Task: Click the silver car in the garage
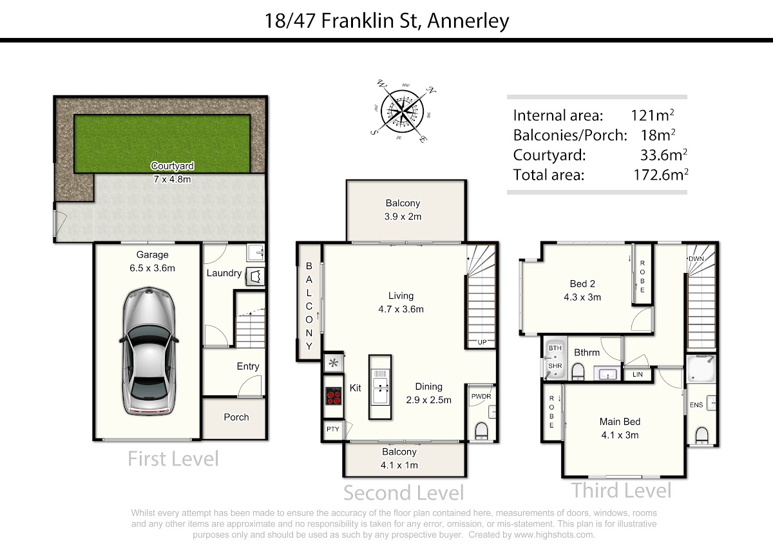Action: [x=149, y=350]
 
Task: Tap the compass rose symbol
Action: [x=403, y=111]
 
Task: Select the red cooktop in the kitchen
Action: [x=334, y=396]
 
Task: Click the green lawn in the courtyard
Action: [x=162, y=144]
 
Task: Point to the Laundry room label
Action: [x=224, y=273]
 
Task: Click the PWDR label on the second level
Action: [x=481, y=397]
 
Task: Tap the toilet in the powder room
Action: [x=481, y=431]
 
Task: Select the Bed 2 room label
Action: [x=582, y=283]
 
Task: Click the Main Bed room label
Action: [x=620, y=421]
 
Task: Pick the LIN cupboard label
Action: [x=637, y=374]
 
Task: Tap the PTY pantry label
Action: [x=332, y=429]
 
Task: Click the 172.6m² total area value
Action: [x=660, y=174]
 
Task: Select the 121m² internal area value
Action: [x=652, y=115]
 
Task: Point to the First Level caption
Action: [x=173, y=458]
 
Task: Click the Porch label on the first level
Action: [x=236, y=417]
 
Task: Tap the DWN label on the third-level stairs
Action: [x=696, y=259]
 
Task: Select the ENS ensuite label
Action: [x=696, y=405]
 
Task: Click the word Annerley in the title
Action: [x=468, y=21]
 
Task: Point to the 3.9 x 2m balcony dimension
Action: [x=403, y=216]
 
